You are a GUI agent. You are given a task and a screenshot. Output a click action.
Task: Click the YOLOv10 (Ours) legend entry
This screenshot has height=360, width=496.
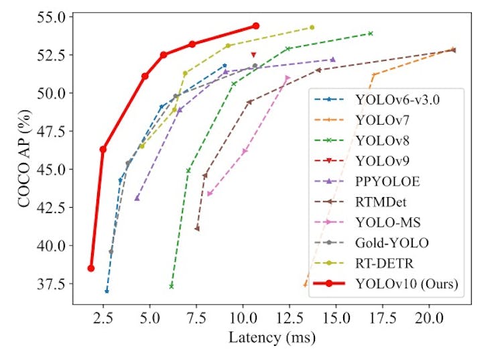point(407,284)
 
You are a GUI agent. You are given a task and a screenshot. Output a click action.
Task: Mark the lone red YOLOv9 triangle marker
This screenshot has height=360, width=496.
point(253,55)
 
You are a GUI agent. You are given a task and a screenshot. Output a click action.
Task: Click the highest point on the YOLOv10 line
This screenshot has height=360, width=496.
point(256,25)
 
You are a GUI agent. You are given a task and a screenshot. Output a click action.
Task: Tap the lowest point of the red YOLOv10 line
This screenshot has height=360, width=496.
point(90,268)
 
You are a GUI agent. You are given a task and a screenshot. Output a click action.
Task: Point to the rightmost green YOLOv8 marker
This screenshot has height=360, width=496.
point(370,33)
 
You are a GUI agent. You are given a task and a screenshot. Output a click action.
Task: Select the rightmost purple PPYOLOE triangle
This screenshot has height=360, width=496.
point(332,60)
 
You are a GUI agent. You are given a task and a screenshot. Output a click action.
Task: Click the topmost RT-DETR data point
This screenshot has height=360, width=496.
point(312,27)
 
